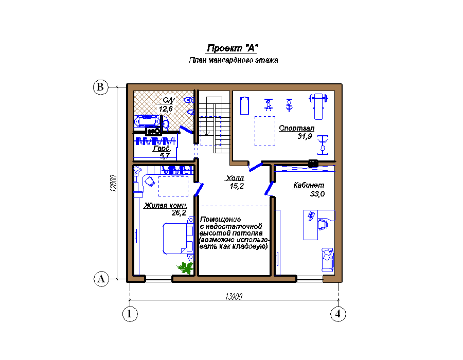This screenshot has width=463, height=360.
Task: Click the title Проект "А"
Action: click(233, 48)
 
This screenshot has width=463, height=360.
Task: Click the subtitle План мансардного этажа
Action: click(233, 60)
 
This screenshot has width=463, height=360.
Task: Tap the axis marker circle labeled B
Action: click(100, 87)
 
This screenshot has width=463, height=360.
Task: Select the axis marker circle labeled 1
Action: click(130, 314)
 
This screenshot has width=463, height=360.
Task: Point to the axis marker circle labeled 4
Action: click(338, 314)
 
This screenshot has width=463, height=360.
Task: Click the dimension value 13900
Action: click(234, 296)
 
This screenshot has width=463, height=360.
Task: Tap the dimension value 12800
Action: click(114, 183)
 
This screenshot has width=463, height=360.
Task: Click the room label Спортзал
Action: click(296, 128)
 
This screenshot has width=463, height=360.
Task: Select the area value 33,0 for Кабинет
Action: click(317, 194)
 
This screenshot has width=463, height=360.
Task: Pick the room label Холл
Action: click(235, 178)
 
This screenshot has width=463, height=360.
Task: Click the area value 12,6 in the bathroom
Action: click(166, 109)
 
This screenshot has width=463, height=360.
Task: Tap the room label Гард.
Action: click(162, 149)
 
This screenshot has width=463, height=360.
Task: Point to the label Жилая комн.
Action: click(165, 205)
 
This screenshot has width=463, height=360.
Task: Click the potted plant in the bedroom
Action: click(185, 267)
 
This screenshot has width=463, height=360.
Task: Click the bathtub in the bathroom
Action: click(147, 121)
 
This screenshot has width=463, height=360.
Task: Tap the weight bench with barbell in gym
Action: click(318, 106)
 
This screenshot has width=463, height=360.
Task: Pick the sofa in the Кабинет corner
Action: click(328, 260)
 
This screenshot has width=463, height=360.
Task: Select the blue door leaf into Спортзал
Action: click(256, 167)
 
